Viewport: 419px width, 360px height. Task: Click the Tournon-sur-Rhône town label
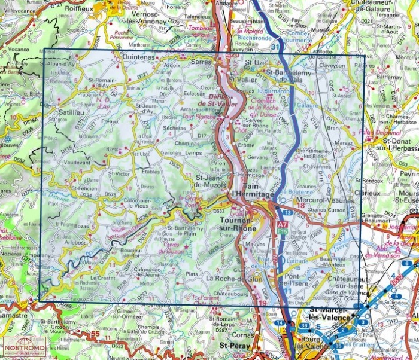tap(230, 224)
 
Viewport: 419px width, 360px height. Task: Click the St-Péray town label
tap(233, 345)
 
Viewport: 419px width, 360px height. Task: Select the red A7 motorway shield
tap(281, 224)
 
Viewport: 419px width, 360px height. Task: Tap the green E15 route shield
tap(281, 230)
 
